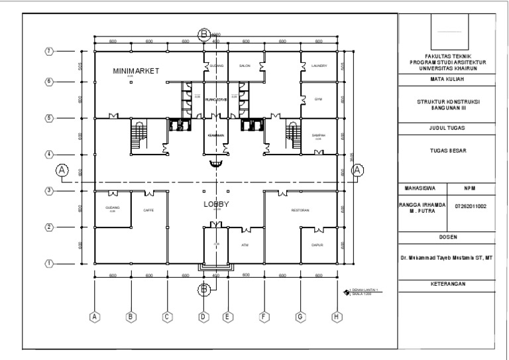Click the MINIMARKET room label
point(136,70)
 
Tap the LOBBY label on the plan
point(215,205)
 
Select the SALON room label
point(243,67)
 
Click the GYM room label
point(318,99)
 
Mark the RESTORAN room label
point(300,211)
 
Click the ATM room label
point(245,245)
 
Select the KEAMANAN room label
point(215,135)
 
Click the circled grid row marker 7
point(48,51)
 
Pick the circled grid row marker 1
point(48,263)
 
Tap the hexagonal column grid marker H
point(337,317)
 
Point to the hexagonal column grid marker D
point(203,317)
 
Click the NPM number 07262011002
point(470,206)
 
